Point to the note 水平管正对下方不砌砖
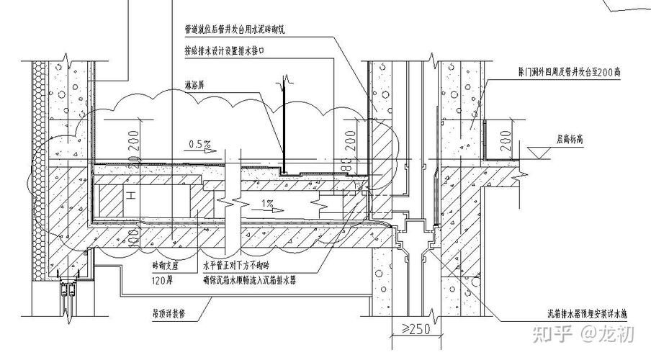pos(243,265)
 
